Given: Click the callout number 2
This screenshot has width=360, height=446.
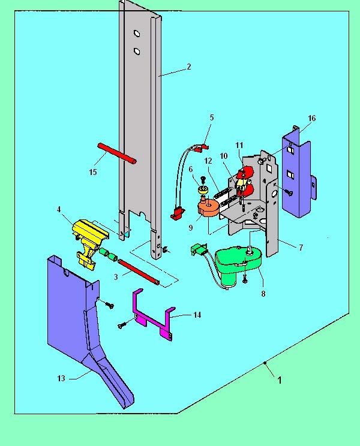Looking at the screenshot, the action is click(x=189, y=67).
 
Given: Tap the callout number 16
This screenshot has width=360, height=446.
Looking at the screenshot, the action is click(x=312, y=118).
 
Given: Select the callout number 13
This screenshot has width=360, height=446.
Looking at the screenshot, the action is click(x=61, y=378).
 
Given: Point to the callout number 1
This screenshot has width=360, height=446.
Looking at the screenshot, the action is click(x=280, y=380).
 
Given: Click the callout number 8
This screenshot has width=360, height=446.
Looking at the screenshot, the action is click(x=263, y=294).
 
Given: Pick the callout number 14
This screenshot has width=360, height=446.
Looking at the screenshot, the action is click(x=197, y=315).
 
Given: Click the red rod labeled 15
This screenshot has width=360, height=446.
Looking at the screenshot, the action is click(x=117, y=153).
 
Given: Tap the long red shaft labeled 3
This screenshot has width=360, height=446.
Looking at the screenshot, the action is click(x=139, y=272).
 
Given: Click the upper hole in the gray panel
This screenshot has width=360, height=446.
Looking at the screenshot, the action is click(x=137, y=34).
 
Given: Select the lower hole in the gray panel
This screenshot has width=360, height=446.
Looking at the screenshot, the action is click(x=137, y=51).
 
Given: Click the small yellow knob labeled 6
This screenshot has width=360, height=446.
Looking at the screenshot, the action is click(x=203, y=190).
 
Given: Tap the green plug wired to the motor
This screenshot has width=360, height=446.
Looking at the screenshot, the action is click(x=199, y=249).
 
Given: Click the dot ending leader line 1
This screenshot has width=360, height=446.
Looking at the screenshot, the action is click(x=265, y=363).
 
